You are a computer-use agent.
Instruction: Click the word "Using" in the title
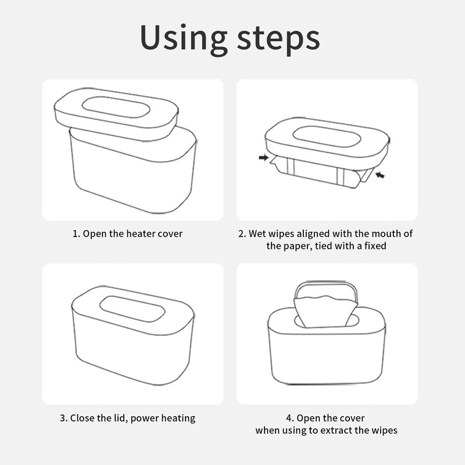[x=184, y=38]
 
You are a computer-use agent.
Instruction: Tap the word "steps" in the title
[x=278, y=39]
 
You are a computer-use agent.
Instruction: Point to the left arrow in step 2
[x=263, y=158]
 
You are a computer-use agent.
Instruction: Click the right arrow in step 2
[x=380, y=175]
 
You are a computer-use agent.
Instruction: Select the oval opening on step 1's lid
[x=116, y=107]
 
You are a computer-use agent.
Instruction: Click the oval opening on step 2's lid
[x=327, y=137]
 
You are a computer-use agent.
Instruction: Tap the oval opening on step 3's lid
[x=133, y=309]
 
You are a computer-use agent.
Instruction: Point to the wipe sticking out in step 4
[x=325, y=312]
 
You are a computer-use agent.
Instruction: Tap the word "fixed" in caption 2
[x=375, y=246]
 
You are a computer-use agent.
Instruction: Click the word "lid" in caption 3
[x=121, y=418]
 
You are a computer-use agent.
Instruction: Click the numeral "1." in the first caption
[x=77, y=234]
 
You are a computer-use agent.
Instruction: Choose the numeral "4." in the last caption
[x=290, y=418]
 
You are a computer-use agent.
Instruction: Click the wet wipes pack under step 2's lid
[x=321, y=172]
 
